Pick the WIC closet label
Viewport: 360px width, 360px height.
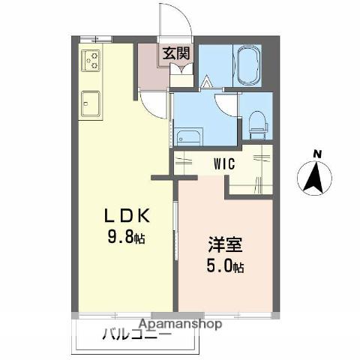[222, 162]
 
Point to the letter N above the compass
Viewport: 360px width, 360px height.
[317, 154]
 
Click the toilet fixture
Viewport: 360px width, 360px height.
[256, 123]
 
